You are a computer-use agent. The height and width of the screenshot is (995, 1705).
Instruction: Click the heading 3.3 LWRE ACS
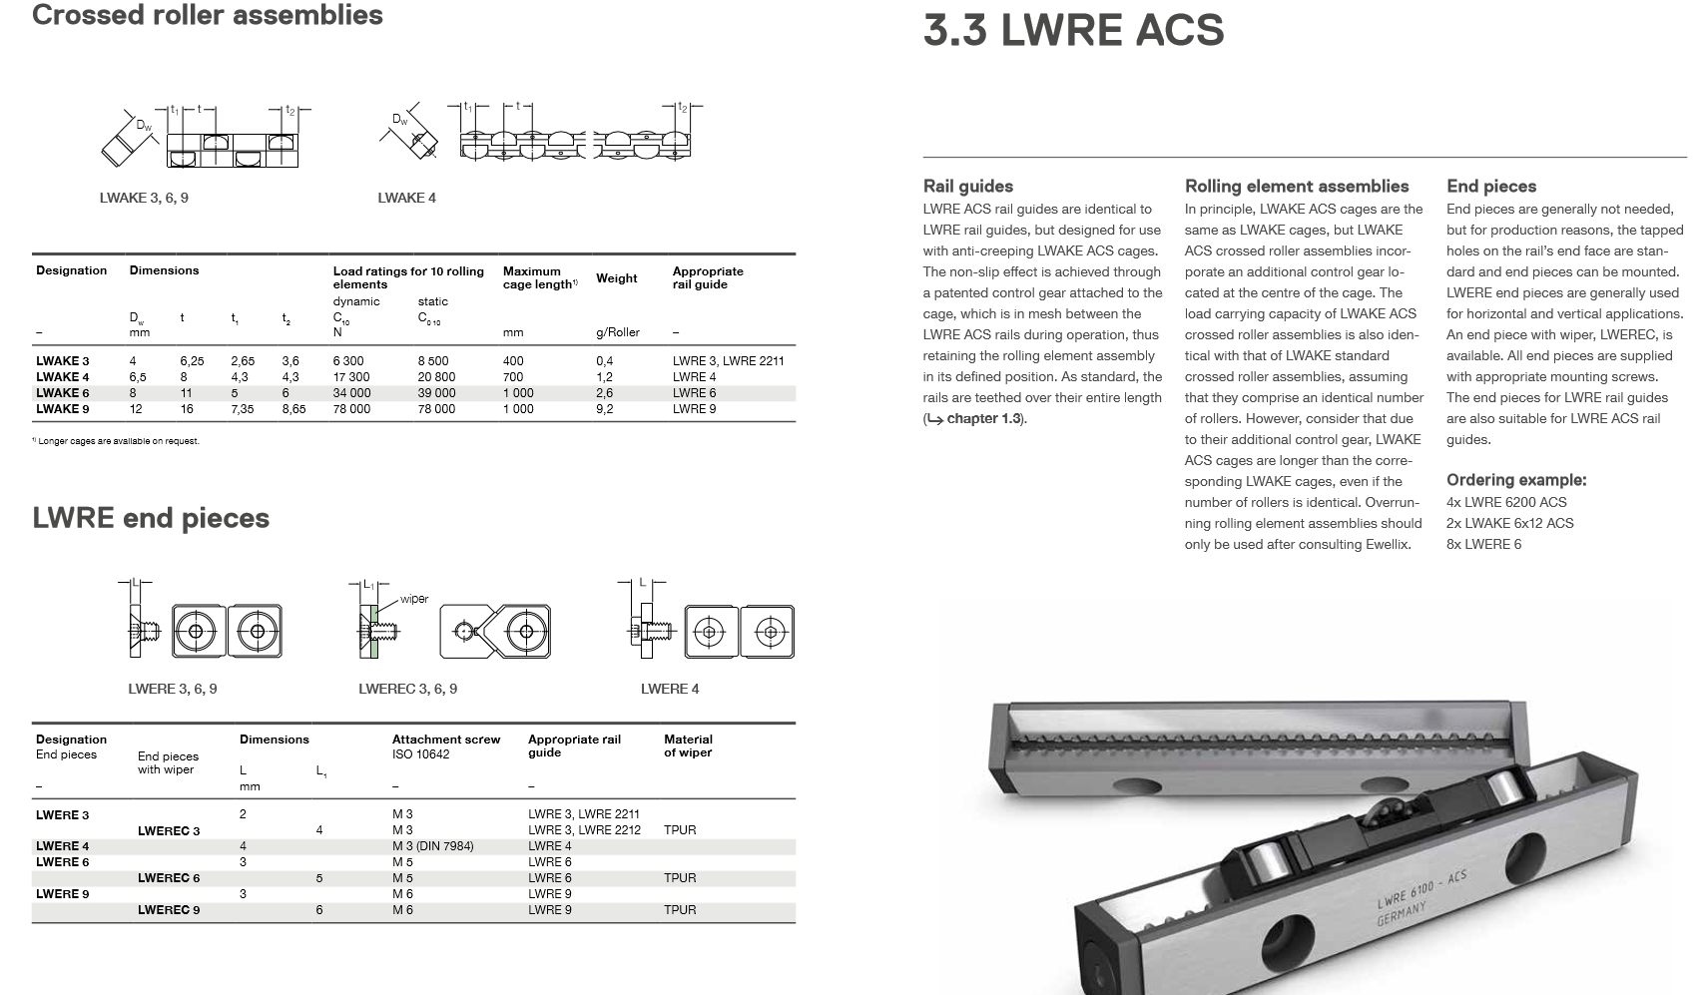1073,30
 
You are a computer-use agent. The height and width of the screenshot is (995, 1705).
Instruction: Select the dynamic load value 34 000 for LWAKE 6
351,393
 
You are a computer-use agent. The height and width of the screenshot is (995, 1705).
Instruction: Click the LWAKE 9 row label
62,409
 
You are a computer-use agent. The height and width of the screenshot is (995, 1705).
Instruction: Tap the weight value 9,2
604,409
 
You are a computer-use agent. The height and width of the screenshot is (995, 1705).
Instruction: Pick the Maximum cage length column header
540,277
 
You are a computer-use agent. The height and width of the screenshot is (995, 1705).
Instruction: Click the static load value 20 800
436,377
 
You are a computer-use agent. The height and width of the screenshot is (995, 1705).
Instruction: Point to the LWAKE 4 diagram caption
406,198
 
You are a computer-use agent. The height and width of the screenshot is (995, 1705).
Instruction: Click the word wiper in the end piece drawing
414,599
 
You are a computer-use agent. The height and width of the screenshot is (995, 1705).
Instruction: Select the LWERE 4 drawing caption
669,689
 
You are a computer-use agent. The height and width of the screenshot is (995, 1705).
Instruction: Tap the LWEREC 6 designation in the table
169,878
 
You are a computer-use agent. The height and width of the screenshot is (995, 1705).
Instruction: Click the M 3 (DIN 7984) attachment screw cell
432,846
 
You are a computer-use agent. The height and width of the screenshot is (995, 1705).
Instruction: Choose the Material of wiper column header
688,746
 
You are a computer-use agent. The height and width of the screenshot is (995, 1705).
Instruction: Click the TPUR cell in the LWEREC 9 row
680,910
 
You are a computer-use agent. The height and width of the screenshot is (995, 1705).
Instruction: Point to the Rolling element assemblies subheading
1296,187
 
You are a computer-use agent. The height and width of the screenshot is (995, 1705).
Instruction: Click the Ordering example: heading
1515,480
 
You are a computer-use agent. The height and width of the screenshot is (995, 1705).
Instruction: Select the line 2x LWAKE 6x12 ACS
1509,523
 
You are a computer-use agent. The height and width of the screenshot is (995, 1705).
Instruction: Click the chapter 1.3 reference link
983,419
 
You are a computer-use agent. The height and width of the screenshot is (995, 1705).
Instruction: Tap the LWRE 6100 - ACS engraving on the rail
1421,890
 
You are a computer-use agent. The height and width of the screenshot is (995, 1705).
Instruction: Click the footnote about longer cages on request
116,441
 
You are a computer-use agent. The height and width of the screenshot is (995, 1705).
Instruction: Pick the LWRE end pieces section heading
151,518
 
